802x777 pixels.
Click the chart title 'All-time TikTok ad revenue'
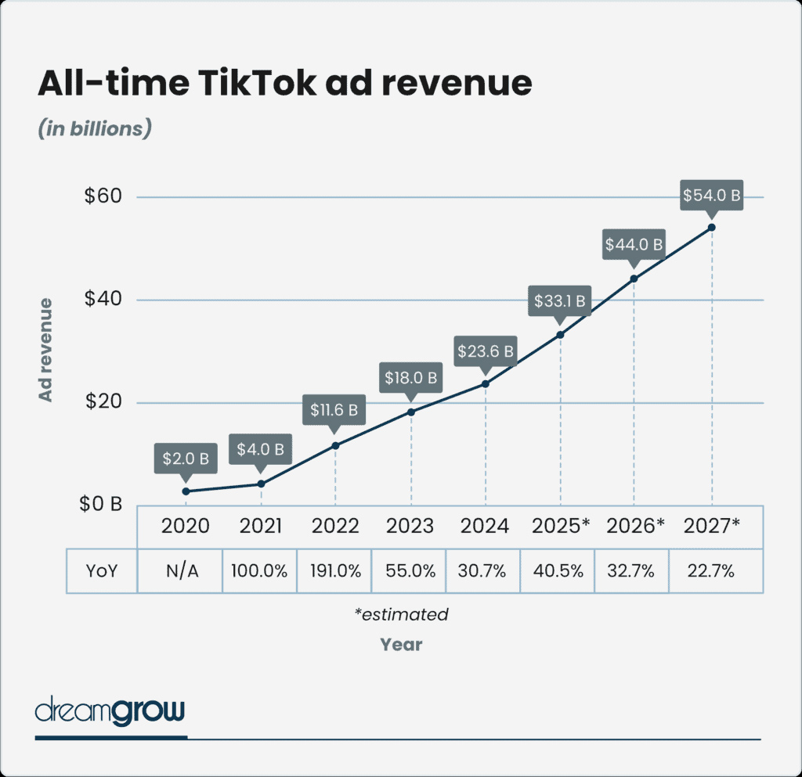coord(285,84)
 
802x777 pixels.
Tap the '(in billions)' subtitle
coord(94,129)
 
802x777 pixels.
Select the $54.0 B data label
coord(712,195)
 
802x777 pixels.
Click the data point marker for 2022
coord(335,445)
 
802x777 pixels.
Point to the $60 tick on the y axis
coord(103,196)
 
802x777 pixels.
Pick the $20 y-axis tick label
coord(103,403)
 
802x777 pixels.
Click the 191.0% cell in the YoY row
coord(335,570)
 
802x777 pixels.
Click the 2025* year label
coord(560,526)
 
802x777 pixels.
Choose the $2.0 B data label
coord(186,459)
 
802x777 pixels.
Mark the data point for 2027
coord(712,227)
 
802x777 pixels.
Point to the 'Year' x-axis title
coord(401,645)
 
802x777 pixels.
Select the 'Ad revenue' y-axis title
coord(46,349)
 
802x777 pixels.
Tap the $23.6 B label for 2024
coord(486,351)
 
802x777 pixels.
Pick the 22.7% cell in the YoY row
coord(712,570)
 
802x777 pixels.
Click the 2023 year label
coord(410,526)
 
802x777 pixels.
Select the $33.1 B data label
coord(560,300)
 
